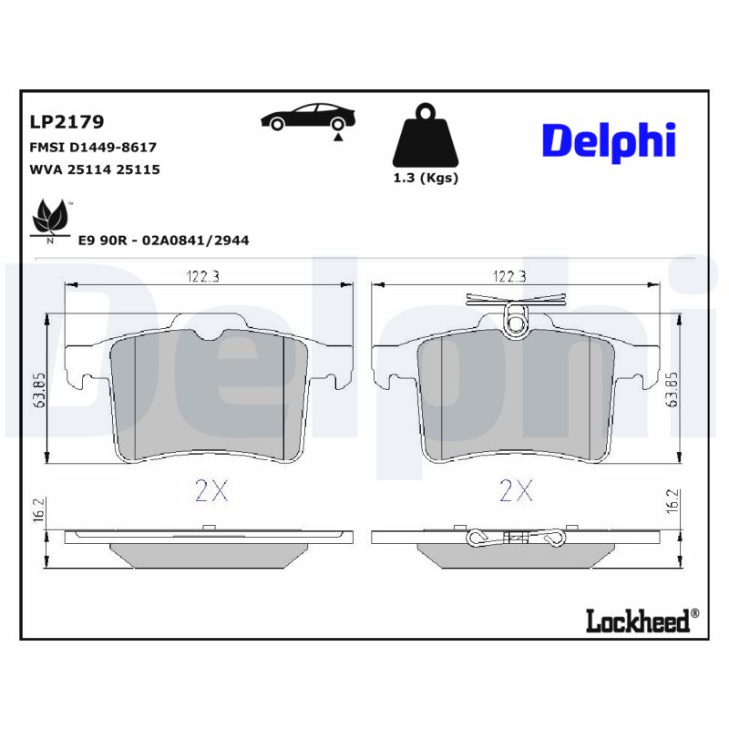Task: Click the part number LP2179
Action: pos(67,121)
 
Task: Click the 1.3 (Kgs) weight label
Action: pos(425,179)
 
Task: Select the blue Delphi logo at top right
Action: pos(609,141)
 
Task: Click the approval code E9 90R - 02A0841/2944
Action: pos(164,241)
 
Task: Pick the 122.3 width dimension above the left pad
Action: pos(203,276)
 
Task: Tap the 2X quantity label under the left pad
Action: pos(210,492)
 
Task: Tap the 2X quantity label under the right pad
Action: pos(516,492)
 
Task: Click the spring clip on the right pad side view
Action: pos(516,538)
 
